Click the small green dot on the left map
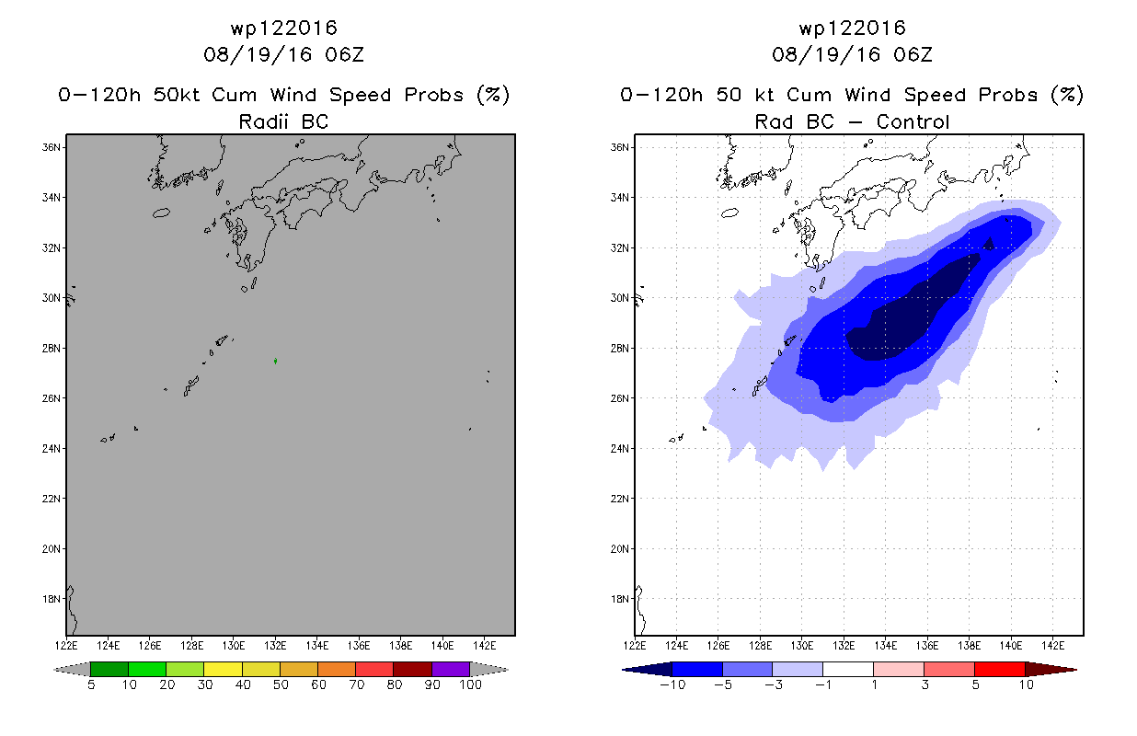(x=275, y=361)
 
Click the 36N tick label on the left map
(x=51, y=147)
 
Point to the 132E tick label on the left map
(x=275, y=646)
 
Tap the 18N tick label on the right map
(x=619, y=599)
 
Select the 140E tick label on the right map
(x=1011, y=646)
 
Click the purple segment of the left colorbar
(x=451, y=669)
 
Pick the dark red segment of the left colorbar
(x=413, y=669)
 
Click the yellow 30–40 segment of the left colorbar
(x=224, y=669)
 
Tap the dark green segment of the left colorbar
(x=109, y=669)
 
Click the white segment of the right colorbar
(x=848, y=669)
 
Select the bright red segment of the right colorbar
(x=1000, y=669)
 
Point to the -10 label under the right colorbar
(x=672, y=684)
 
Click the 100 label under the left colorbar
(x=471, y=684)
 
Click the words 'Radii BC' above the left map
(x=283, y=121)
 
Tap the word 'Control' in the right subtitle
(x=913, y=121)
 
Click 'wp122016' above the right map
(x=852, y=28)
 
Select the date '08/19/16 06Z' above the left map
(x=283, y=54)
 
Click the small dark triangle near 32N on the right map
(x=989, y=244)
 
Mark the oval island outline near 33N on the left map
(x=161, y=213)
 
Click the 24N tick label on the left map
(x=51, y=449)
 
